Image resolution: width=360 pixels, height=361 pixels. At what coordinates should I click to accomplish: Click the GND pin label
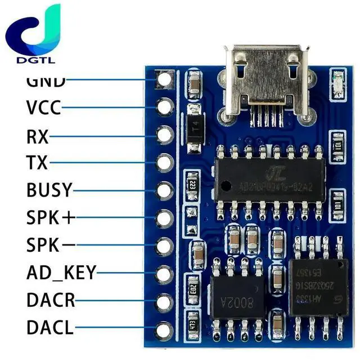tap(46, 81)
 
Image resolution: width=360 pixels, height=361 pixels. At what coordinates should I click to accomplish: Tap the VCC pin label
tap(43, 107)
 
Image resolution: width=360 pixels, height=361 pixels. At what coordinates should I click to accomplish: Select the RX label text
tap(38, 136)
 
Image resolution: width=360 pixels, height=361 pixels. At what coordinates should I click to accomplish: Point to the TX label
tap(37, 163)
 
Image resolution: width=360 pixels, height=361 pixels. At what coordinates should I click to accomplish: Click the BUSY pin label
tap(49, 190)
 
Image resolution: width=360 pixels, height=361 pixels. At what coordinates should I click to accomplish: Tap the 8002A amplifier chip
tap(236, 298)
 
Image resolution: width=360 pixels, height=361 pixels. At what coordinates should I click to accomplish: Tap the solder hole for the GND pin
tap(164, 79)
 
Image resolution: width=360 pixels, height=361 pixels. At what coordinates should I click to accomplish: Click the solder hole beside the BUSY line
tap(164, 190)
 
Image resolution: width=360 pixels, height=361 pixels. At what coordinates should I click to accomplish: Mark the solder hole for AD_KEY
tap(164, 274)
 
